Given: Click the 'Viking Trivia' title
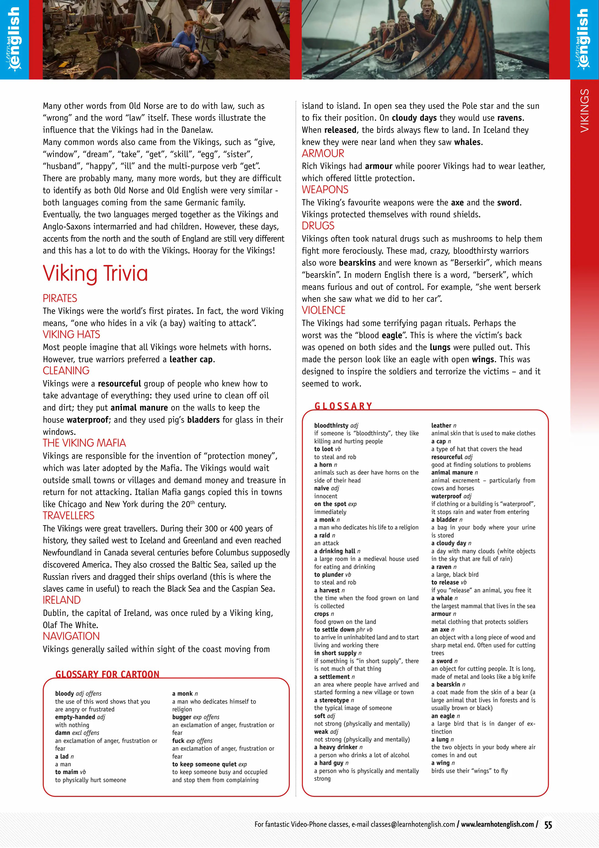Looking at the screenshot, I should (x=95, y=274).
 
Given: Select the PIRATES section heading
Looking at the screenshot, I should (x=60, y=298).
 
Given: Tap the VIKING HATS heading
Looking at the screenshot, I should (x=71, y=334).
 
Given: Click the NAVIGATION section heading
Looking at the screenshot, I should (x=71, y=636).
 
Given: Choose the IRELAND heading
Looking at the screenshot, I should (x=61, y=600).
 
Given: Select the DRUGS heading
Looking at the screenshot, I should (x=318, y=226).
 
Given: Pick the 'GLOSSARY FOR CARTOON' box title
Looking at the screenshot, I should (x=107, y=674).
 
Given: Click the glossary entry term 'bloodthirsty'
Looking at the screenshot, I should (x=331, y=425).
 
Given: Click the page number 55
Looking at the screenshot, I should (x=548, y=825).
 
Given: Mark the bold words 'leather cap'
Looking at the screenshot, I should (x=191, y=359).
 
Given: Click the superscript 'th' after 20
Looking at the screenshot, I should (x=192, y=502).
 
